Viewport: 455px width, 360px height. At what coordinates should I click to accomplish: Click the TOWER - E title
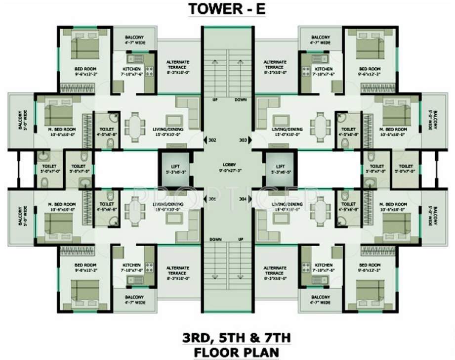(x=228, y=9)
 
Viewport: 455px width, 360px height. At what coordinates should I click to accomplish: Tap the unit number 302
(x=213, y=139)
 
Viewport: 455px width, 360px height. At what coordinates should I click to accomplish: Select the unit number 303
(x=243, y=139)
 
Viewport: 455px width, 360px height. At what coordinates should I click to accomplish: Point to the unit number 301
(x=213, y=199)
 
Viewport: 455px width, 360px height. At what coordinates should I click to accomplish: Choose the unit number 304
(x=243, y=199)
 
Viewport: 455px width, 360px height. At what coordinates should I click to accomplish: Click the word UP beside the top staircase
(x=215, y=100)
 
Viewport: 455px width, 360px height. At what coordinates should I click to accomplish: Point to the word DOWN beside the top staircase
(x=241, y=100)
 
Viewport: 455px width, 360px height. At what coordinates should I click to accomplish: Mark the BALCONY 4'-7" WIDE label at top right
(x=321, y=40)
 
